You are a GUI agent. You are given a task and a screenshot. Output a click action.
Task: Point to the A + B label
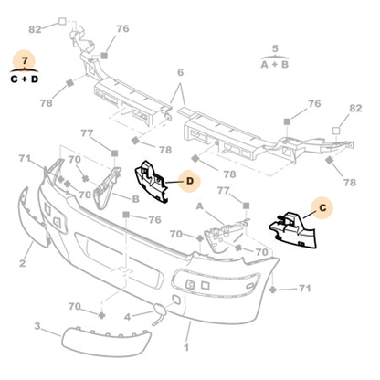point(275,65)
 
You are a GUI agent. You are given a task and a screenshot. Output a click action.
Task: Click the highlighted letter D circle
point(189,182)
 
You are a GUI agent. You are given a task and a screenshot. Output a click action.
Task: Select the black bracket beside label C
point(290,231)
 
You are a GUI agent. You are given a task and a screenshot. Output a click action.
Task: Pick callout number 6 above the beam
point(180,72)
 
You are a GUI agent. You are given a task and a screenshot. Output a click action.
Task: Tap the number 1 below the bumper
point(187,347)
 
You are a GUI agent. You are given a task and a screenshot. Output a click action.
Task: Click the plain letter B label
point(135,198)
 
